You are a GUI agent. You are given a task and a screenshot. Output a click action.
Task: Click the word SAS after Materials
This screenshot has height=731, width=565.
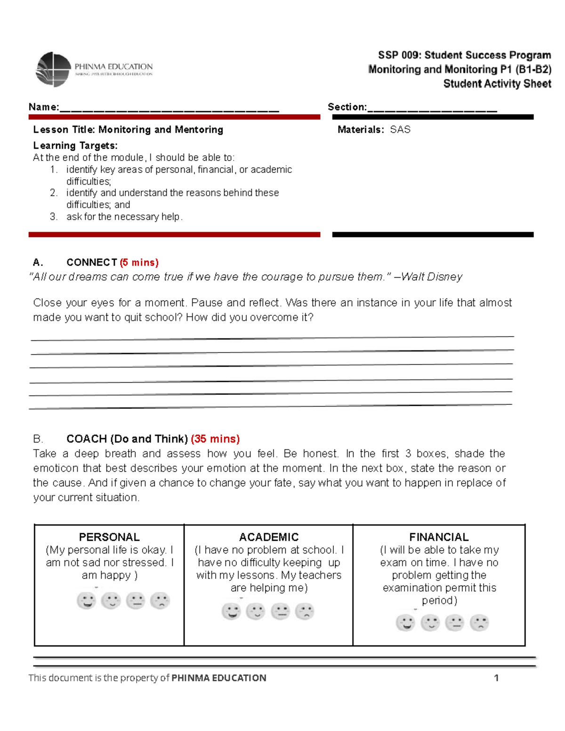point(400,129)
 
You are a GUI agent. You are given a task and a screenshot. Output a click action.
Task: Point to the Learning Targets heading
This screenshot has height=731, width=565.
point(75,145)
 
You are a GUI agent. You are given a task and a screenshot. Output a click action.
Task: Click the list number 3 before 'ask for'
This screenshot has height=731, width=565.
point(54,217)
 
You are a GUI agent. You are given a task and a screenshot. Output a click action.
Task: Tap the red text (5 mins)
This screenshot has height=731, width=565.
point(139,262)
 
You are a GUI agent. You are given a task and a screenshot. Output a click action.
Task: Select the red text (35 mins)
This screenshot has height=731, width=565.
point(215,439)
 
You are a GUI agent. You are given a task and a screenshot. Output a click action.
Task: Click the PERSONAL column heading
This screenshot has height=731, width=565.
point(109,537)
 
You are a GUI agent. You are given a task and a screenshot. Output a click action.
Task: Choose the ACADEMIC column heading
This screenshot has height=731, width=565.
point(269,537)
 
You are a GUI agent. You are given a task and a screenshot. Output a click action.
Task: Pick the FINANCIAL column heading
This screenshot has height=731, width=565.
point(439,537)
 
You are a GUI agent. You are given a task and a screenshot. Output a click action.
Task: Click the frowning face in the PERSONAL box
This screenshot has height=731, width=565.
point(160,601)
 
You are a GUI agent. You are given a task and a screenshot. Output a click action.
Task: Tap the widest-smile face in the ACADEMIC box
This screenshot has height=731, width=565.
point(231,611)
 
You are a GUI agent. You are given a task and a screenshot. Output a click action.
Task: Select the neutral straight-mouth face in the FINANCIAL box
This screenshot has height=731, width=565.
point(455,623)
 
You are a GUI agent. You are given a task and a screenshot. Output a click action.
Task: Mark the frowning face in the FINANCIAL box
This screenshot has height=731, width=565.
point(479,623)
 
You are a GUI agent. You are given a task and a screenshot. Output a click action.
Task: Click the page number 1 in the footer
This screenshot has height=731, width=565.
point(496,678)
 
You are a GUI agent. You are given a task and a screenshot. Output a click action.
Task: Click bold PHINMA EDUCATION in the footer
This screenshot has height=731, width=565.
point(219,678)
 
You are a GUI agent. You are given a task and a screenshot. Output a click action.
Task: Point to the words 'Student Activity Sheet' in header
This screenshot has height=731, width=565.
point(497,84)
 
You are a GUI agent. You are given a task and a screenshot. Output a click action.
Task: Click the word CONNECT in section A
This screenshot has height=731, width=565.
point(92,262)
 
